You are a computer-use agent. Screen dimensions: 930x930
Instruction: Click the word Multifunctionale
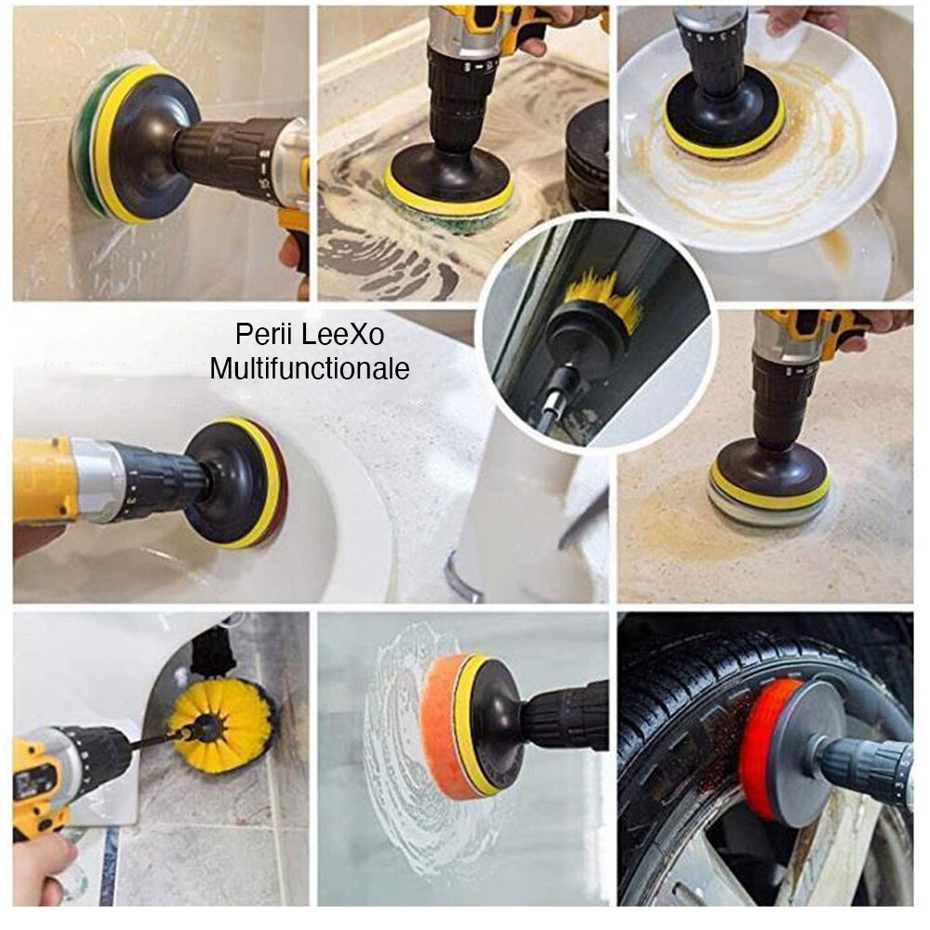pyautogui.click(x=309, y=368)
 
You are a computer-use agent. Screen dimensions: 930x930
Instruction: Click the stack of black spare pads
pyautogui.click(x=588, y=153)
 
